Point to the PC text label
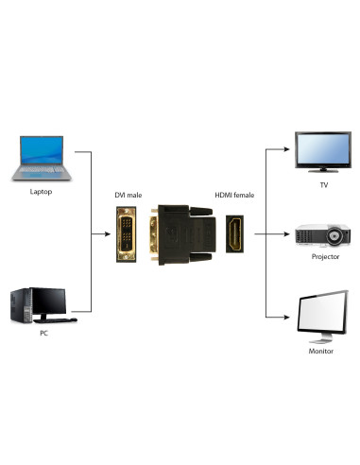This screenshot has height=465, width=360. [x=43, y=334]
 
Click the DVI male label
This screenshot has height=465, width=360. [x=129, y=195]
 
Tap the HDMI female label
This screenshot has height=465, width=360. [x=234, y=195]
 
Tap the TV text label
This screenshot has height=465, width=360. [x=322, y=185]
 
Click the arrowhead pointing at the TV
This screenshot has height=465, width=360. [x=284, y=148]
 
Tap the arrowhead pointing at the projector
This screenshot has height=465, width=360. [x=284, y=232]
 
